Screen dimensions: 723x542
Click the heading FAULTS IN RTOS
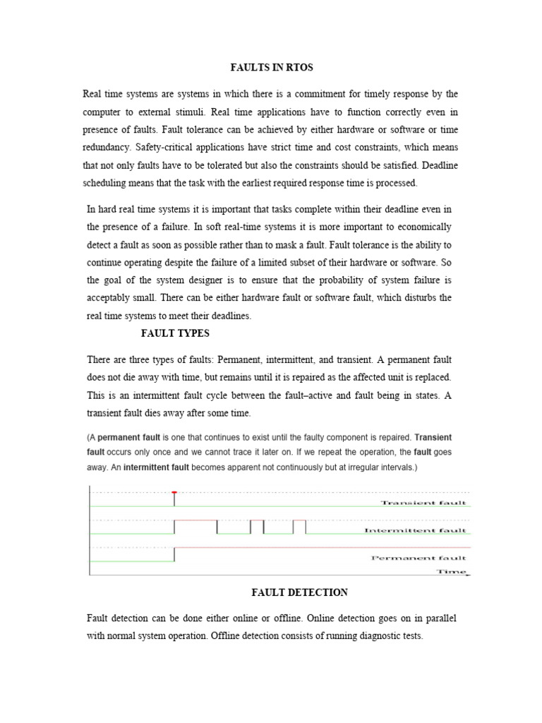coord(272,68)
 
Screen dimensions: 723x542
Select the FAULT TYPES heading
coord(175,333)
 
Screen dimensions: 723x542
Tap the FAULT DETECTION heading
coord(300,592)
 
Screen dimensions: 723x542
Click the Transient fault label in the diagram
coord(423,503)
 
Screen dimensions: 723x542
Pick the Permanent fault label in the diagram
coord(418,558)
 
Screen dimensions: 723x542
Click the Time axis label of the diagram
coord(452,571)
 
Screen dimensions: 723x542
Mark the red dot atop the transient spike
coord(174,492)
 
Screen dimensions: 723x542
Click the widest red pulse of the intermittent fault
coord(195,520)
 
